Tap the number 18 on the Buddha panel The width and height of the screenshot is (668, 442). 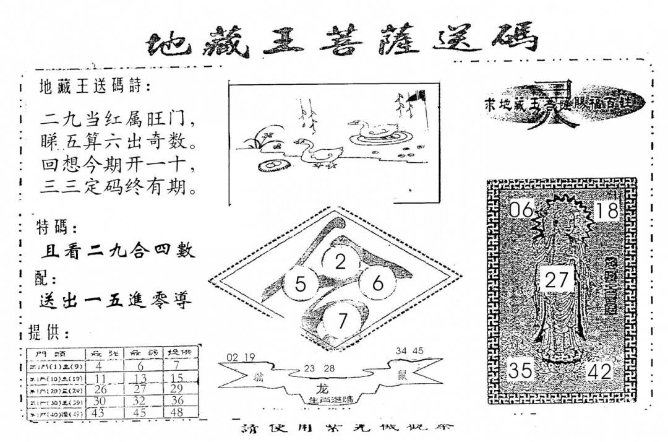tap(607, 210)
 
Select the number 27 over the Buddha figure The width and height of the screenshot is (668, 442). tap(557, 280)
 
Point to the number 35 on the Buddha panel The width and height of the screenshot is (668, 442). tap(521, 370)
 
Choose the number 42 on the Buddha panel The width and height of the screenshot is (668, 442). tap(601, 371)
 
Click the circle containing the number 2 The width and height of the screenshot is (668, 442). tap(340, 262)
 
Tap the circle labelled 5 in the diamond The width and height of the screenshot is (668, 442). tap(301, 285)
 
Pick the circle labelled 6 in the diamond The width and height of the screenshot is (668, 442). tap(379, 284)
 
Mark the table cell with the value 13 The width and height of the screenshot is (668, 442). tap(140, 378)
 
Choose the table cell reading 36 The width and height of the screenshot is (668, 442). tap(177, 401)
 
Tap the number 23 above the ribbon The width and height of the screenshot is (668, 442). tap(310, 368)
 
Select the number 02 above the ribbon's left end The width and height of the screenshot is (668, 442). tap(233, 357)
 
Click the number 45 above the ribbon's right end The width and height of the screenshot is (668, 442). tap(418, 351)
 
